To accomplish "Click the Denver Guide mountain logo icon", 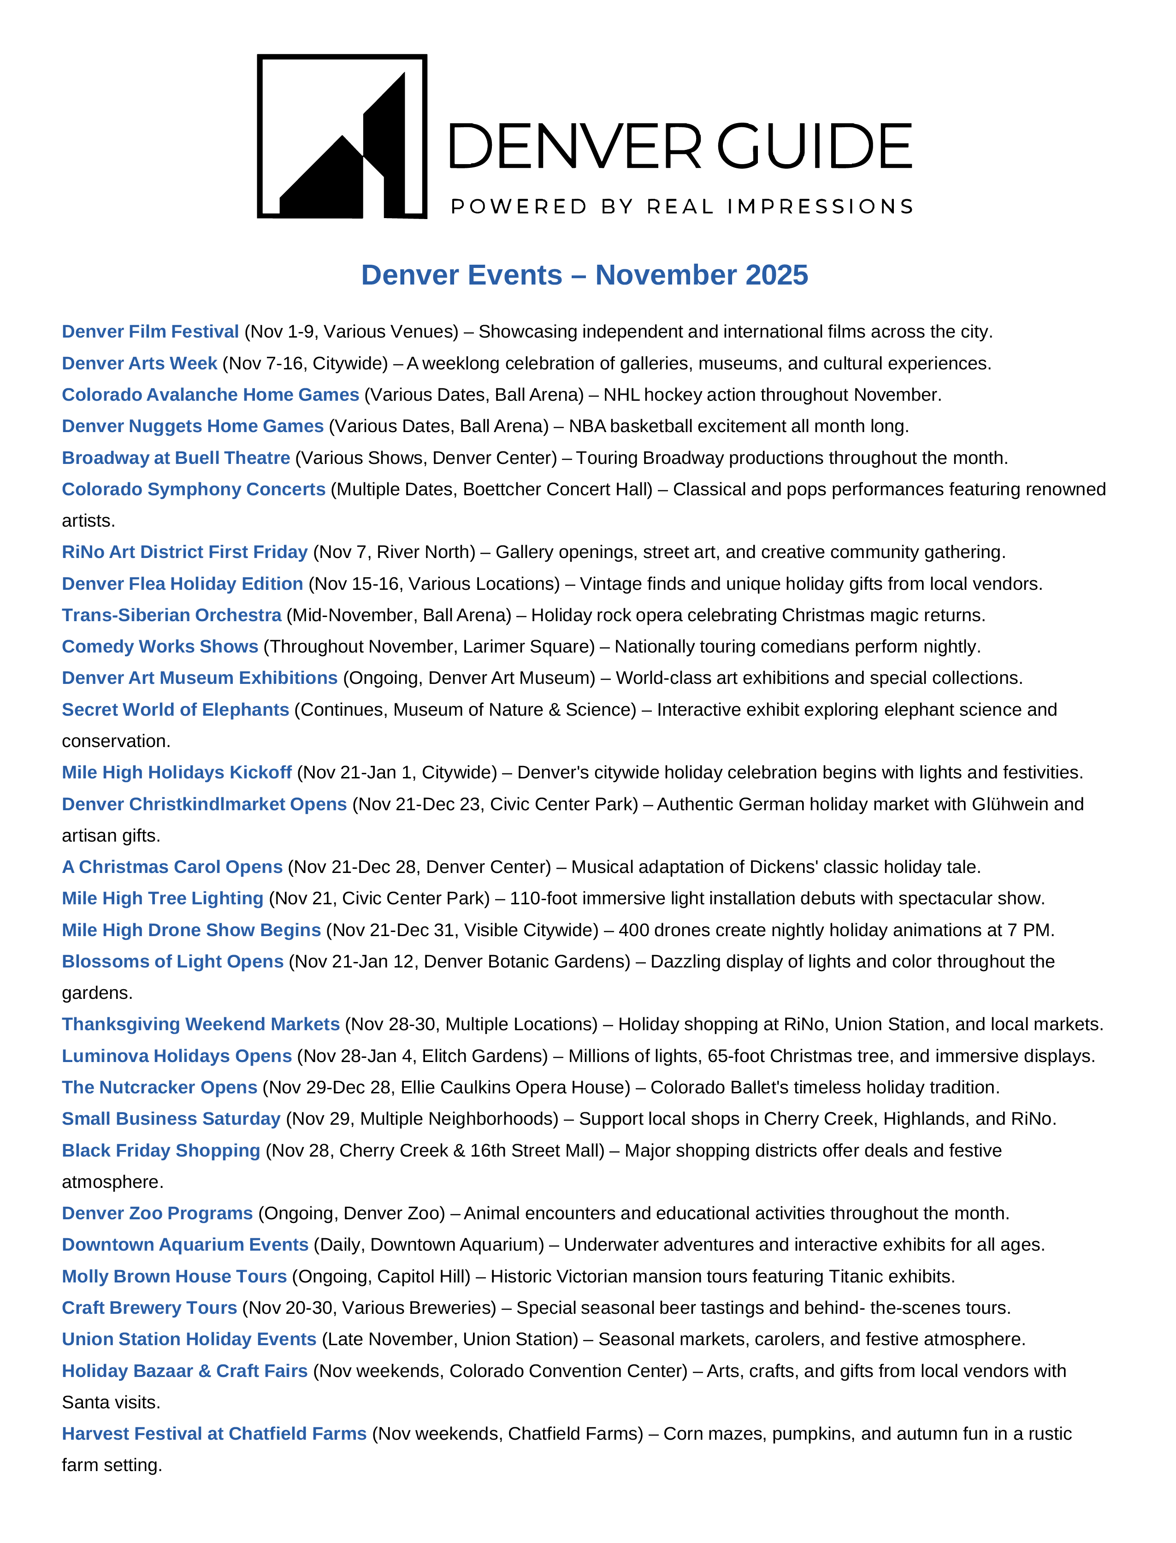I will coord(342,136).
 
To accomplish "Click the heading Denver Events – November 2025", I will coord(585,275).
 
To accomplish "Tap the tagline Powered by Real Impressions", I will coord(682,207).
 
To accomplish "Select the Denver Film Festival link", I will coord(150,332).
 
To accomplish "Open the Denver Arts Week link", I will coord(139,363).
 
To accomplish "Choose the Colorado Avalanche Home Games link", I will coord(210,395).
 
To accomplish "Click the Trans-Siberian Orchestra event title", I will coord(171,615).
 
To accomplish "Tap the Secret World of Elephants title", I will coord(175,710).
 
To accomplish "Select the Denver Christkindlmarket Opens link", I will coord(204,804).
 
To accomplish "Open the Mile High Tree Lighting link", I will coord(162,899).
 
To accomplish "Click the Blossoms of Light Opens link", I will coord(172,962).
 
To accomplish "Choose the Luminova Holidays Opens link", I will coord(177,1056).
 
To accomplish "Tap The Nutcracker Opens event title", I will coord(160,1088).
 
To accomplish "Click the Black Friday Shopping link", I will coord(161,1151).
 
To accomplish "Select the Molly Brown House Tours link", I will coord(174,1277).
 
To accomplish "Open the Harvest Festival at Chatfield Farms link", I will coord(214,1435).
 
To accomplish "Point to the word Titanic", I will coord(856,1277).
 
